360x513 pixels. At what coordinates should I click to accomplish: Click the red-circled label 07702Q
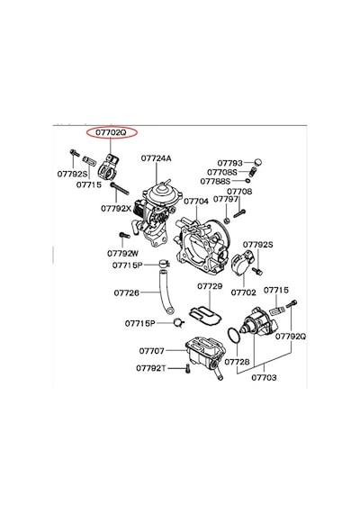click(111, 133)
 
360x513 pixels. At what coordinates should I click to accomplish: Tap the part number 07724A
click(157, 158)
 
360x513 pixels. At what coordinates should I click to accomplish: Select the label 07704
click(196, 202)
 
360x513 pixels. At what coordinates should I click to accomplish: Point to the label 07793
click(230, 163)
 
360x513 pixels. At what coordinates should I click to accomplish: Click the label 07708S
click(222, 172)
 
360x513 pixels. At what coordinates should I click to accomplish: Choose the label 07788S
click(215, 181)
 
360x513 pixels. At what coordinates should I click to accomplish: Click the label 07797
click(226, 199)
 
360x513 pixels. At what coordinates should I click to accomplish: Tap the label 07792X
click(116, 208)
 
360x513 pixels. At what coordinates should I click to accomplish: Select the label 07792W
click(123, 254)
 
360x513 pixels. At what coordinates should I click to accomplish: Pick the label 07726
click(126, 292)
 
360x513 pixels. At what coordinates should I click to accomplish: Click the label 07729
click(210, 286)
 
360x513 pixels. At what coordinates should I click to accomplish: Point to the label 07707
click(152, 351)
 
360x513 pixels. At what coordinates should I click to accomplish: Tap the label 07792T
click(151, 368)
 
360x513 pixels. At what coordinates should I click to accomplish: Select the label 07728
click(238, 362)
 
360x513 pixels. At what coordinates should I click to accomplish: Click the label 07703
click(264, 378)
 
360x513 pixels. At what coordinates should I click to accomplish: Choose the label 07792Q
click(291, 337)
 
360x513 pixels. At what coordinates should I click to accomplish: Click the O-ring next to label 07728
click(229, 336)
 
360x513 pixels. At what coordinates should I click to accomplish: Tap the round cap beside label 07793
click(258, 162)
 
